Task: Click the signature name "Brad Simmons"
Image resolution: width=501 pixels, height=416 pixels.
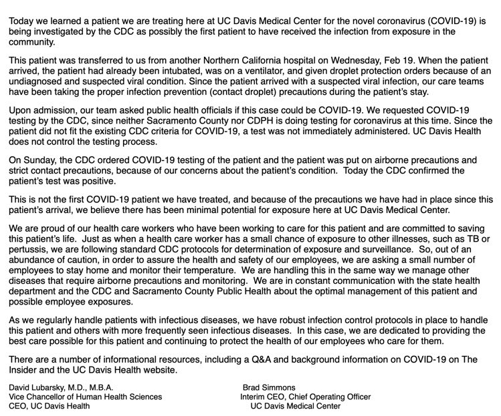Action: [269, 387]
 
